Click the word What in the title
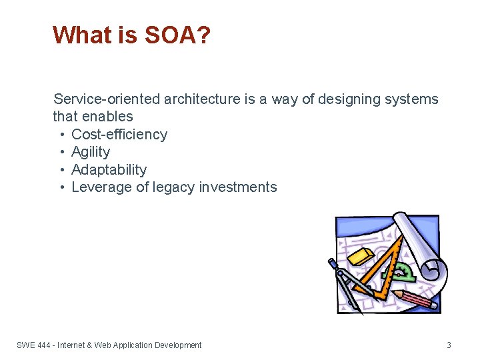click(x=80, y=35)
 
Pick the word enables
click(x=107, y=117)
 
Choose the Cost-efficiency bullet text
click(x=119, y=135)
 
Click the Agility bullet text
click(x=91, y=152)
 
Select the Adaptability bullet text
click(x=109, y=170)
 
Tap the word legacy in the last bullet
click(x=174, y=187)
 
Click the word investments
click(x=237, y=187)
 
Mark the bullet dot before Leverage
click(x=62, y=187)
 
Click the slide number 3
click(x=449, y=345)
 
